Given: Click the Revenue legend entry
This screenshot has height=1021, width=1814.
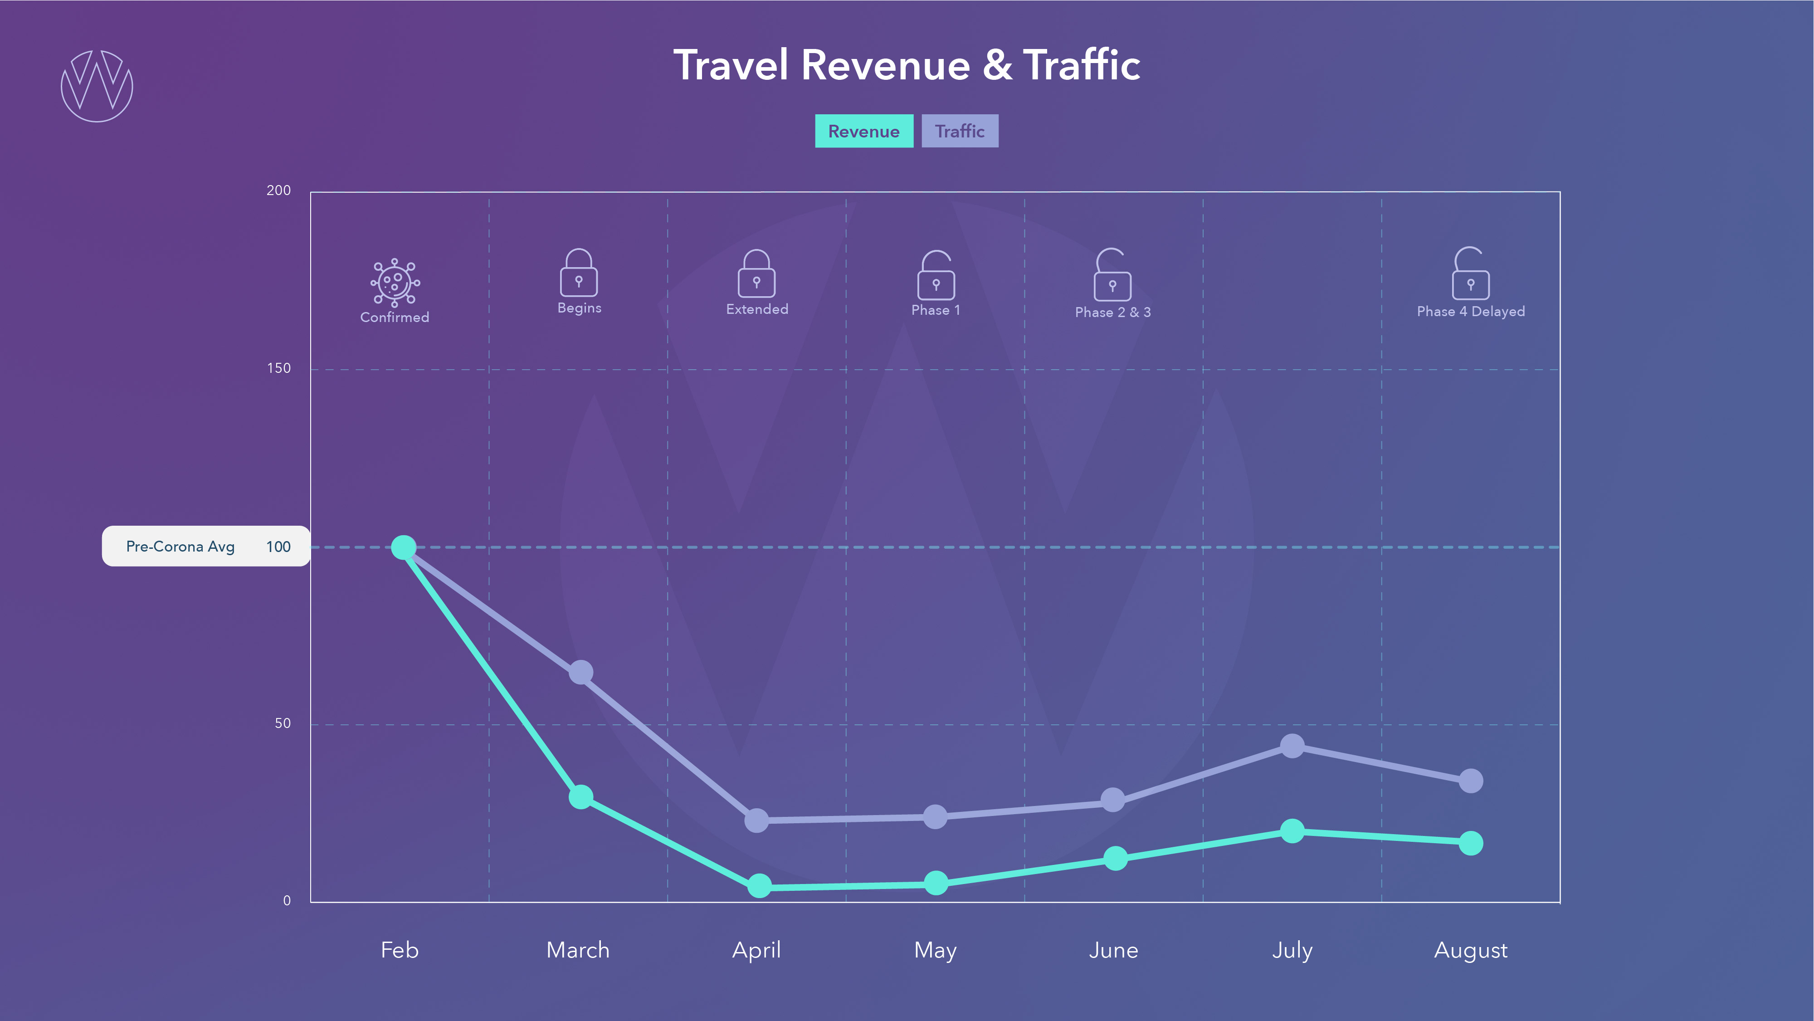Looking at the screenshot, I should point(863,131).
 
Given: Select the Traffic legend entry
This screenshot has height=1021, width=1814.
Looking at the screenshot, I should point(959,131).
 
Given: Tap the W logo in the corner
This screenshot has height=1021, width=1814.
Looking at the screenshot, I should point(97,86).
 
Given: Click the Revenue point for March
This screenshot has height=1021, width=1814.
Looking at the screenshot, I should point(581,797).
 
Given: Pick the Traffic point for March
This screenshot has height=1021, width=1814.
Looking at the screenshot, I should point(581,673).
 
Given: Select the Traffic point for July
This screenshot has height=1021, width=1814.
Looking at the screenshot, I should point(1292,746).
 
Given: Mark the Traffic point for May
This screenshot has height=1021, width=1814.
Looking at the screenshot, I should point(935,817).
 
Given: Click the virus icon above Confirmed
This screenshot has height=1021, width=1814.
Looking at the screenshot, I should point(395,283).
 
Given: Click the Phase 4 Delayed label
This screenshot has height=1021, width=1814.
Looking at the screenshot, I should point(1470,311).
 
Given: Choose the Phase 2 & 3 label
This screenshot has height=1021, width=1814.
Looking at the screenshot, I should point(1112,312).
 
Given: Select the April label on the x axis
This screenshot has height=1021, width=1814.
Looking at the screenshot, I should point(756,950).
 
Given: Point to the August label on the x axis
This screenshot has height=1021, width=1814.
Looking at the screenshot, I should point(1470,950).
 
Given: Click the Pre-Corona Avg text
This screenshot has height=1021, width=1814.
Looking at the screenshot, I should point(180,547).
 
